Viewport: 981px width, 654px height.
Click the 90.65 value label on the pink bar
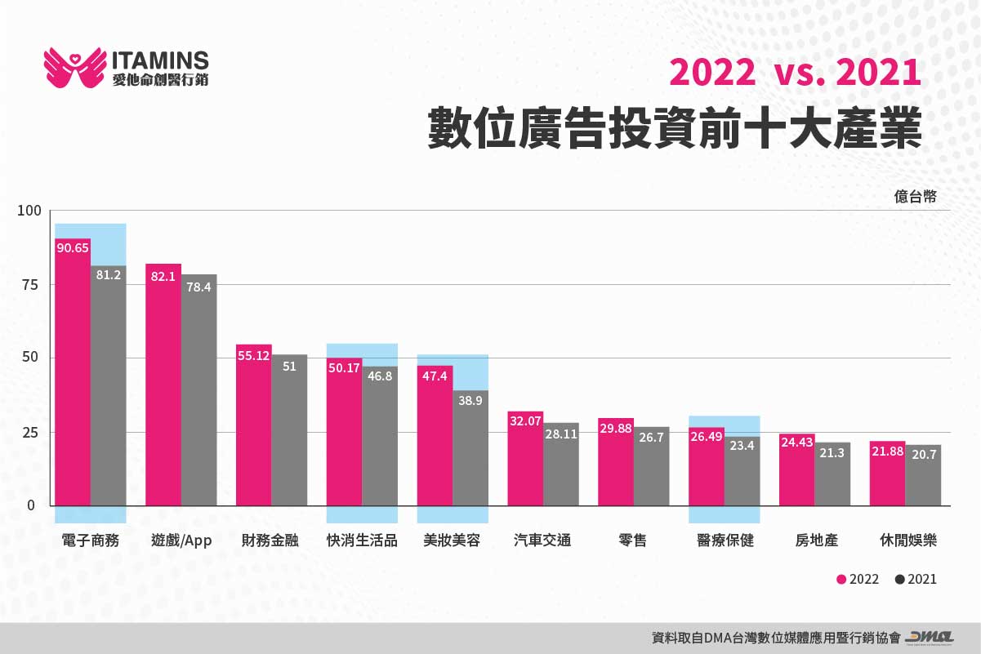[73, 247]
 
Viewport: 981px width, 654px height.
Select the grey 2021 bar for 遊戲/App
[198, 392]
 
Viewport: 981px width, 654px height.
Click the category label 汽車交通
[542, 541]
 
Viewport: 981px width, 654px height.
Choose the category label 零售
[633, 541]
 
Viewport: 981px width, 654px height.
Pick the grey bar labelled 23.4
[742, 474]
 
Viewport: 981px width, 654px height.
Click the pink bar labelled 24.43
[796, 474]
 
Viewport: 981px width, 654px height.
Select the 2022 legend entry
[858, 579]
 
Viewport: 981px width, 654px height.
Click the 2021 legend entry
[916, 579]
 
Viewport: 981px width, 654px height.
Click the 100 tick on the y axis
[28, 211]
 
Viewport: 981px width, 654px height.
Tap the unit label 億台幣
[915, 196]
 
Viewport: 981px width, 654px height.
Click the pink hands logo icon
[74, 68]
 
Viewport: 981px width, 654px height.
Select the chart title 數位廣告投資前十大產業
[675, 128]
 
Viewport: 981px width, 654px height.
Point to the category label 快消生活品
[361, 541]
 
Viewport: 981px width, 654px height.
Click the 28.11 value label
[561, 434]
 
